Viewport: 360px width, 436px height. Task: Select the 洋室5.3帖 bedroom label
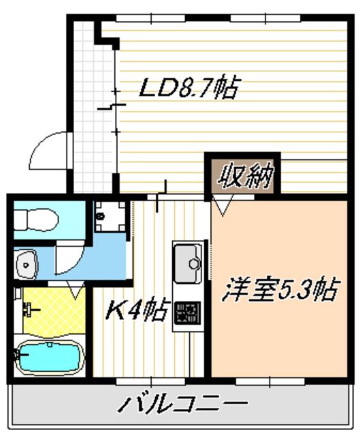280,291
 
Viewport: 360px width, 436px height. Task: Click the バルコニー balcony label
183,405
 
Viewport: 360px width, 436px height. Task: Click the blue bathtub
48,356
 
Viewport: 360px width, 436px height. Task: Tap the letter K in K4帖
116,312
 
